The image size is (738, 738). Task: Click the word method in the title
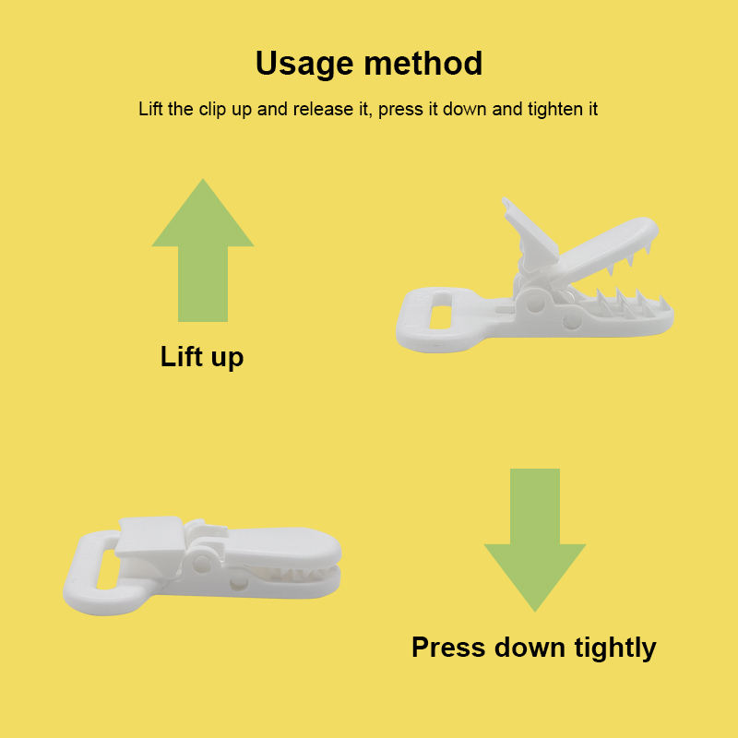pos(423,63)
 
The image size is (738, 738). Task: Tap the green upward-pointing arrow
pos(203,250)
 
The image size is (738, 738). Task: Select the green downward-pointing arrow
pos(535,540)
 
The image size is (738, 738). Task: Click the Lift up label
pos(202,357)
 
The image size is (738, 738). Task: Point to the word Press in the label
pos(448,648)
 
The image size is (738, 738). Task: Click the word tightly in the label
pos(615,649)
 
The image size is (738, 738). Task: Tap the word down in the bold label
pos(530,648)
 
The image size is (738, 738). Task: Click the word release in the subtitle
pos(323,109)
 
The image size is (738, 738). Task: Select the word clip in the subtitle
pos(212,110)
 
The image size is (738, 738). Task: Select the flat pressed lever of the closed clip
pos(149,537)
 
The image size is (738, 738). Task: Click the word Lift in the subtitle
pos(150,109)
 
